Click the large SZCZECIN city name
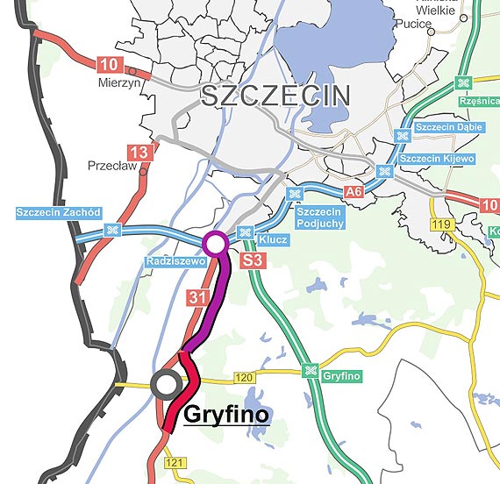pos(275,96)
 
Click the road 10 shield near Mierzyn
pos(110,64)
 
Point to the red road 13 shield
pos(145,153)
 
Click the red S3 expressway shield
pos(253,260)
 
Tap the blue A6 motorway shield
pos(354,191)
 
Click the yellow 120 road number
pos(244,378)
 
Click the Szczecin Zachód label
pos(60,212)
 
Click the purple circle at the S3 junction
pos(215,243)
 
